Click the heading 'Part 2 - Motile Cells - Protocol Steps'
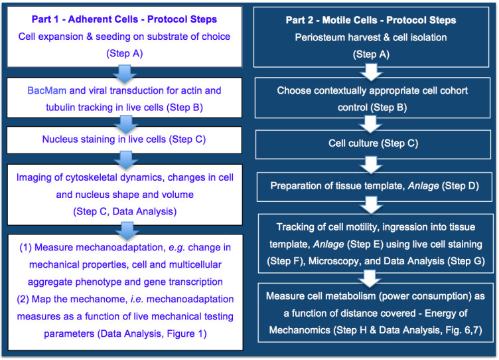(x=370, y=21)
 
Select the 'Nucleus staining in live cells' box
(x=123, y=140)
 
